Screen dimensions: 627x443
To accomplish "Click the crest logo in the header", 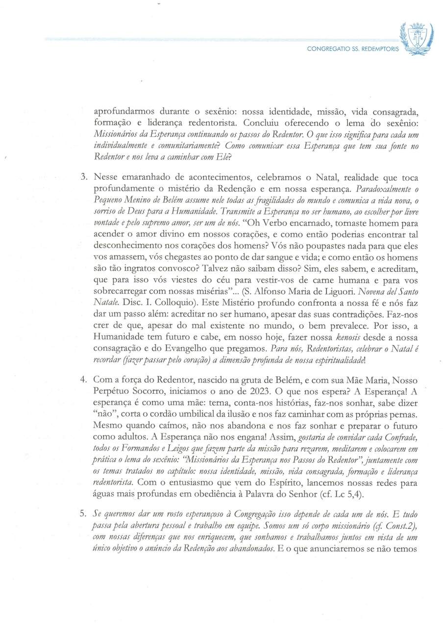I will pos(416,38).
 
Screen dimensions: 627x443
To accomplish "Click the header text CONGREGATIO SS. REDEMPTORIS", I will pos(352,49).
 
